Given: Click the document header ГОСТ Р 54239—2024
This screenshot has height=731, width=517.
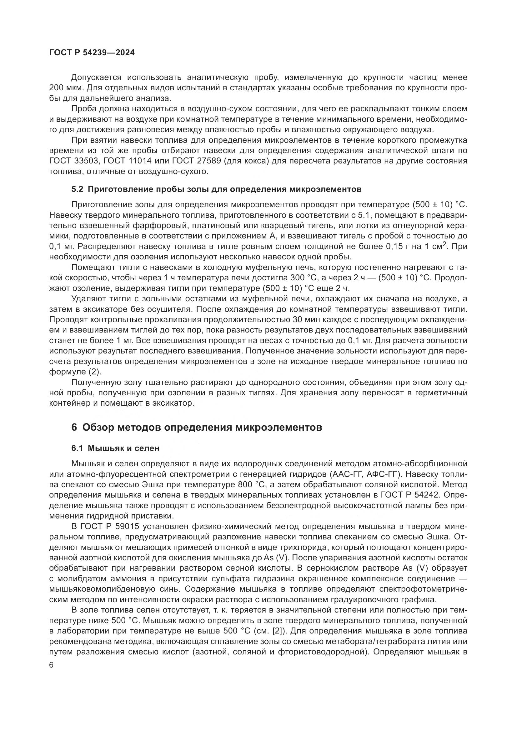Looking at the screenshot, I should point(92,53).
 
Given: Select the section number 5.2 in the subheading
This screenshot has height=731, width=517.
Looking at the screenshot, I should point(77,189).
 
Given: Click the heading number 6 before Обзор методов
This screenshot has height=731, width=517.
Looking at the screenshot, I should point(74,427).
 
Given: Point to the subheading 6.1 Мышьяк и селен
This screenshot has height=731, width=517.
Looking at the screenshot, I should point(115,448).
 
